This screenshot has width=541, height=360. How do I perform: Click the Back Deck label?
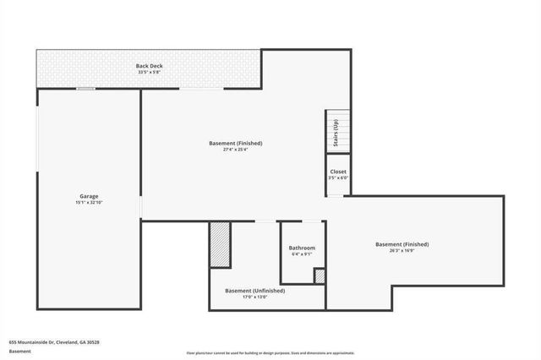[148, 66]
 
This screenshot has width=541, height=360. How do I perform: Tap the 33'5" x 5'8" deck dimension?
[148, 73]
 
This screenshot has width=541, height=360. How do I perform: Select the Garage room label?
[89, 196]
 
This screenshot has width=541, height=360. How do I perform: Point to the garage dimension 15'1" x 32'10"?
[89, 203]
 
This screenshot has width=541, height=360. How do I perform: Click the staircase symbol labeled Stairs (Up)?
[336, 133]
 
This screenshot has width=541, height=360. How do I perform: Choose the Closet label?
[337, 172]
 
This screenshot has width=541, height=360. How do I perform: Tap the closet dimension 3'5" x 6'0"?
[337, 178]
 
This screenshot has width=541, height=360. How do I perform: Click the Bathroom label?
[302, 248]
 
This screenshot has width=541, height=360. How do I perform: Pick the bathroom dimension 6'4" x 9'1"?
[302, 254]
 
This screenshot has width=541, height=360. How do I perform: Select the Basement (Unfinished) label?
[254, 291]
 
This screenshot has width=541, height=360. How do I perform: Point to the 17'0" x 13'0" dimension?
[254, 297]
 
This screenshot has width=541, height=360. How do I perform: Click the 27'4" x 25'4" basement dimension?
[235, 150]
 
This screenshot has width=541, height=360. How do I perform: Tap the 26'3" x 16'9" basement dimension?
[402, 251]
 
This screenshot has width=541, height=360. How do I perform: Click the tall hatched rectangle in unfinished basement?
[220, 245]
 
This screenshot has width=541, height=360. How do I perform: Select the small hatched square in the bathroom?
[320, 275]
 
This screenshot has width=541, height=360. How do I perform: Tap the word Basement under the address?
[20, 351]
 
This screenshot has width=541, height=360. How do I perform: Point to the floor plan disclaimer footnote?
[270, 353]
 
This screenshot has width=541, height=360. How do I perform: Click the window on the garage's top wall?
[85, 89]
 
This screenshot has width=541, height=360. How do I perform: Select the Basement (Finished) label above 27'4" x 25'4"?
[235, 144]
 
